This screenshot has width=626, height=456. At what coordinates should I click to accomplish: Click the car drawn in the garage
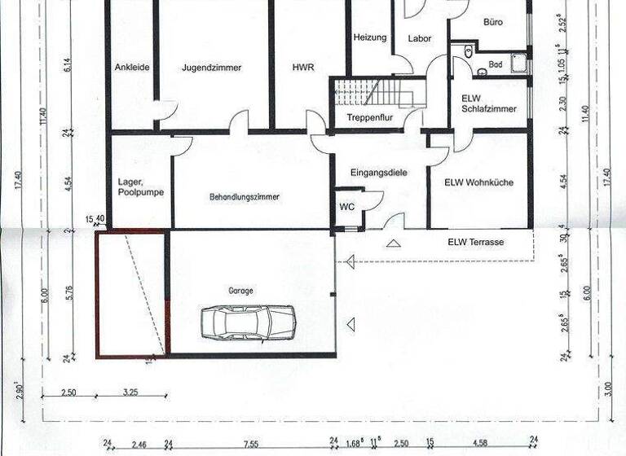(x=248, y=322)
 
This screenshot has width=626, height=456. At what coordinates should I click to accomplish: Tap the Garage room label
(x=240, y=290)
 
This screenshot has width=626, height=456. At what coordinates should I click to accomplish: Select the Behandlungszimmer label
(x=244, y=197)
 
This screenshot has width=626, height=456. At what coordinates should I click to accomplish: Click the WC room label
(x=347, y=207)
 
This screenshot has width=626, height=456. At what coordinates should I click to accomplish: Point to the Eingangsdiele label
(x=378, y=173)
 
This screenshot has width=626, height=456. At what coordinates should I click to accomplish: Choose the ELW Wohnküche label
(x=478, y=182)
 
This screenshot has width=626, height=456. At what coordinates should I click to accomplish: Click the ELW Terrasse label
(x=475, y=243)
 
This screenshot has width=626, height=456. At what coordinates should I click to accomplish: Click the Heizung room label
(x=370, y=37)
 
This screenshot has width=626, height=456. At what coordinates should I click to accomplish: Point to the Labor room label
(x=420, y=38)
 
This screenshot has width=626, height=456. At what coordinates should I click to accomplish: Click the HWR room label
(x=303, y=68)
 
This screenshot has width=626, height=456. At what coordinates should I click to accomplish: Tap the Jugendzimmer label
(x=212, y=68)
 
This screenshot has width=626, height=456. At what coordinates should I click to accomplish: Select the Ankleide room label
(x=132, y=68)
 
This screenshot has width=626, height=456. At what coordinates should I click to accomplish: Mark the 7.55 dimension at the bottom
(x=251, y=445)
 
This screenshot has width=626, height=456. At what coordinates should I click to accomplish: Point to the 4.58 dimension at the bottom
(x=479, y=445)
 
